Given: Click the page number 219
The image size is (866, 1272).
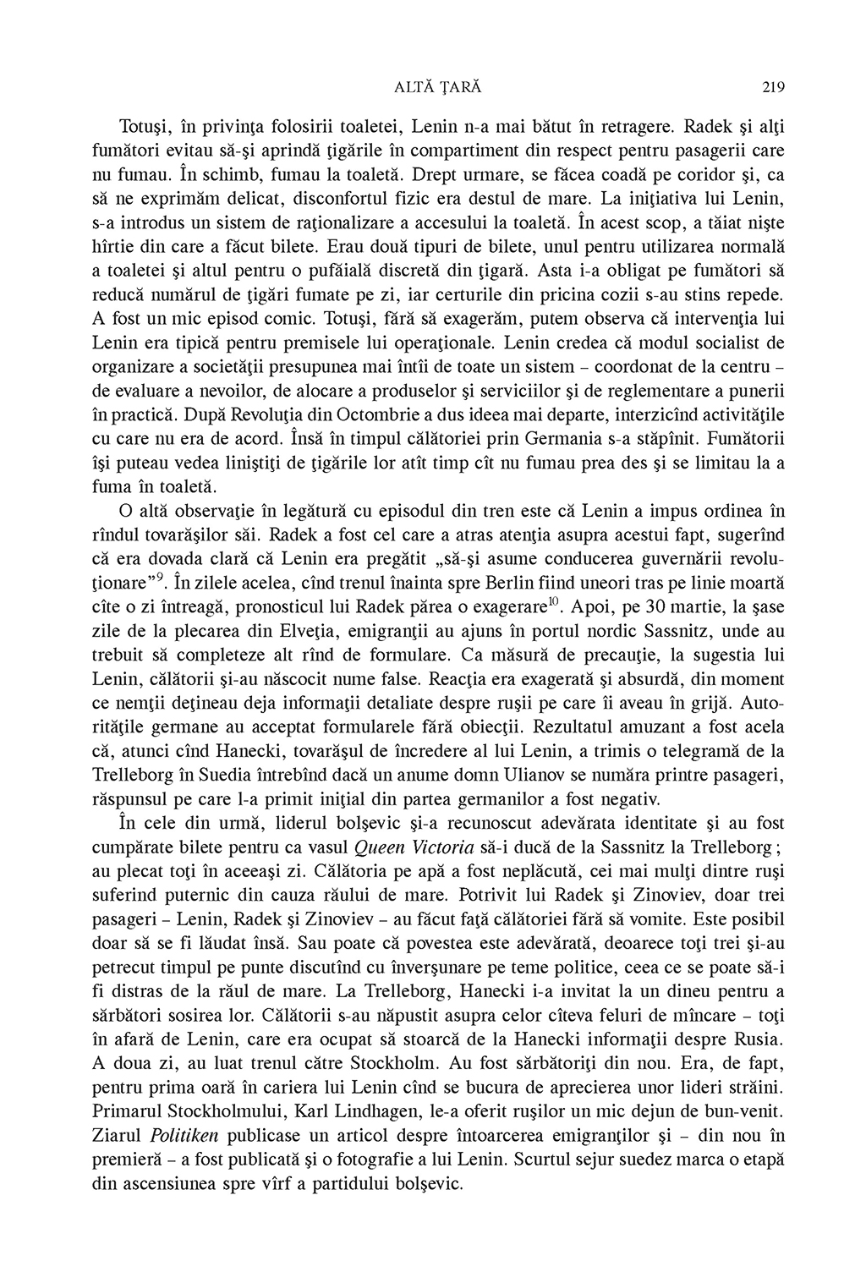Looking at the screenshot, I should tap(774, 86).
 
